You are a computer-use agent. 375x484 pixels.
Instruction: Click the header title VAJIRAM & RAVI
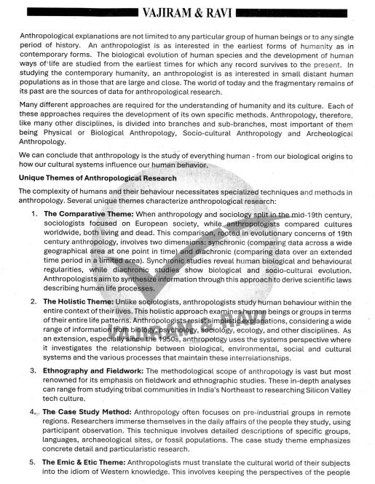point(188,13)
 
